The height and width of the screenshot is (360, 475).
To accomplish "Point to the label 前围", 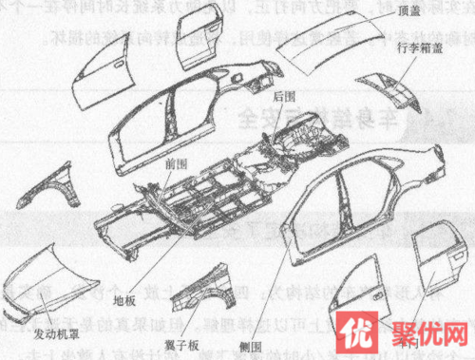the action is pos(174,161).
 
